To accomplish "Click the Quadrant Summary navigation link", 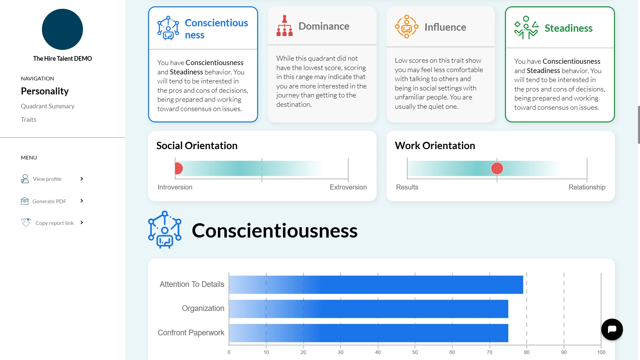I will pyautogui.click(x=48, y=106).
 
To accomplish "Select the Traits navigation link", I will pyautogui.click(x=28, y=119).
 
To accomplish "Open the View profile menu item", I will pyautogui.click(x=47, y=179).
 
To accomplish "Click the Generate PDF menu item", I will pyautogui.click(x=49, y=201).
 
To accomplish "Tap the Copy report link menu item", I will pyautogui.click(x=54, y=223).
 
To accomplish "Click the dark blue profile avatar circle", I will pyautogui.click(x=62, y=29).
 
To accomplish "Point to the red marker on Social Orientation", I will pyautogui.click(x=178, y=168).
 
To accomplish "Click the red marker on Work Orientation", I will pyautogui.click(x=497, y=168).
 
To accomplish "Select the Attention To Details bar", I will pyautogui.click(x=376, y=285).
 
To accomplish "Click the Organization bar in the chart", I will pyautogui.click(x=369, y=309).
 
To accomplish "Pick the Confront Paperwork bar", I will pyautogui.click(x=369, y=333).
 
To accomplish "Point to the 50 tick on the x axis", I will pyautogui.click(x=415, y=352).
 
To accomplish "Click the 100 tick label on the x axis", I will pyautogui.click(x=601, y=352).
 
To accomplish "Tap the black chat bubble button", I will pyautogui.click(x=612, y=330).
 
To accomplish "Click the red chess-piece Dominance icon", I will pyautogui.click(x=284, y=26).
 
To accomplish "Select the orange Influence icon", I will pyautogui.click(x=407, y=27).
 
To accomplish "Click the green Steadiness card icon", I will pyautogui.click(x=526, y=28).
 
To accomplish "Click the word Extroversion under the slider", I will pyautogui.click(x=348, y=187).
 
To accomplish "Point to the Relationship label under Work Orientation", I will pyautogui.click(x=587, y=187).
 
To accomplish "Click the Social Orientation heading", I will pyautogui.click(x=197, y=145).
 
